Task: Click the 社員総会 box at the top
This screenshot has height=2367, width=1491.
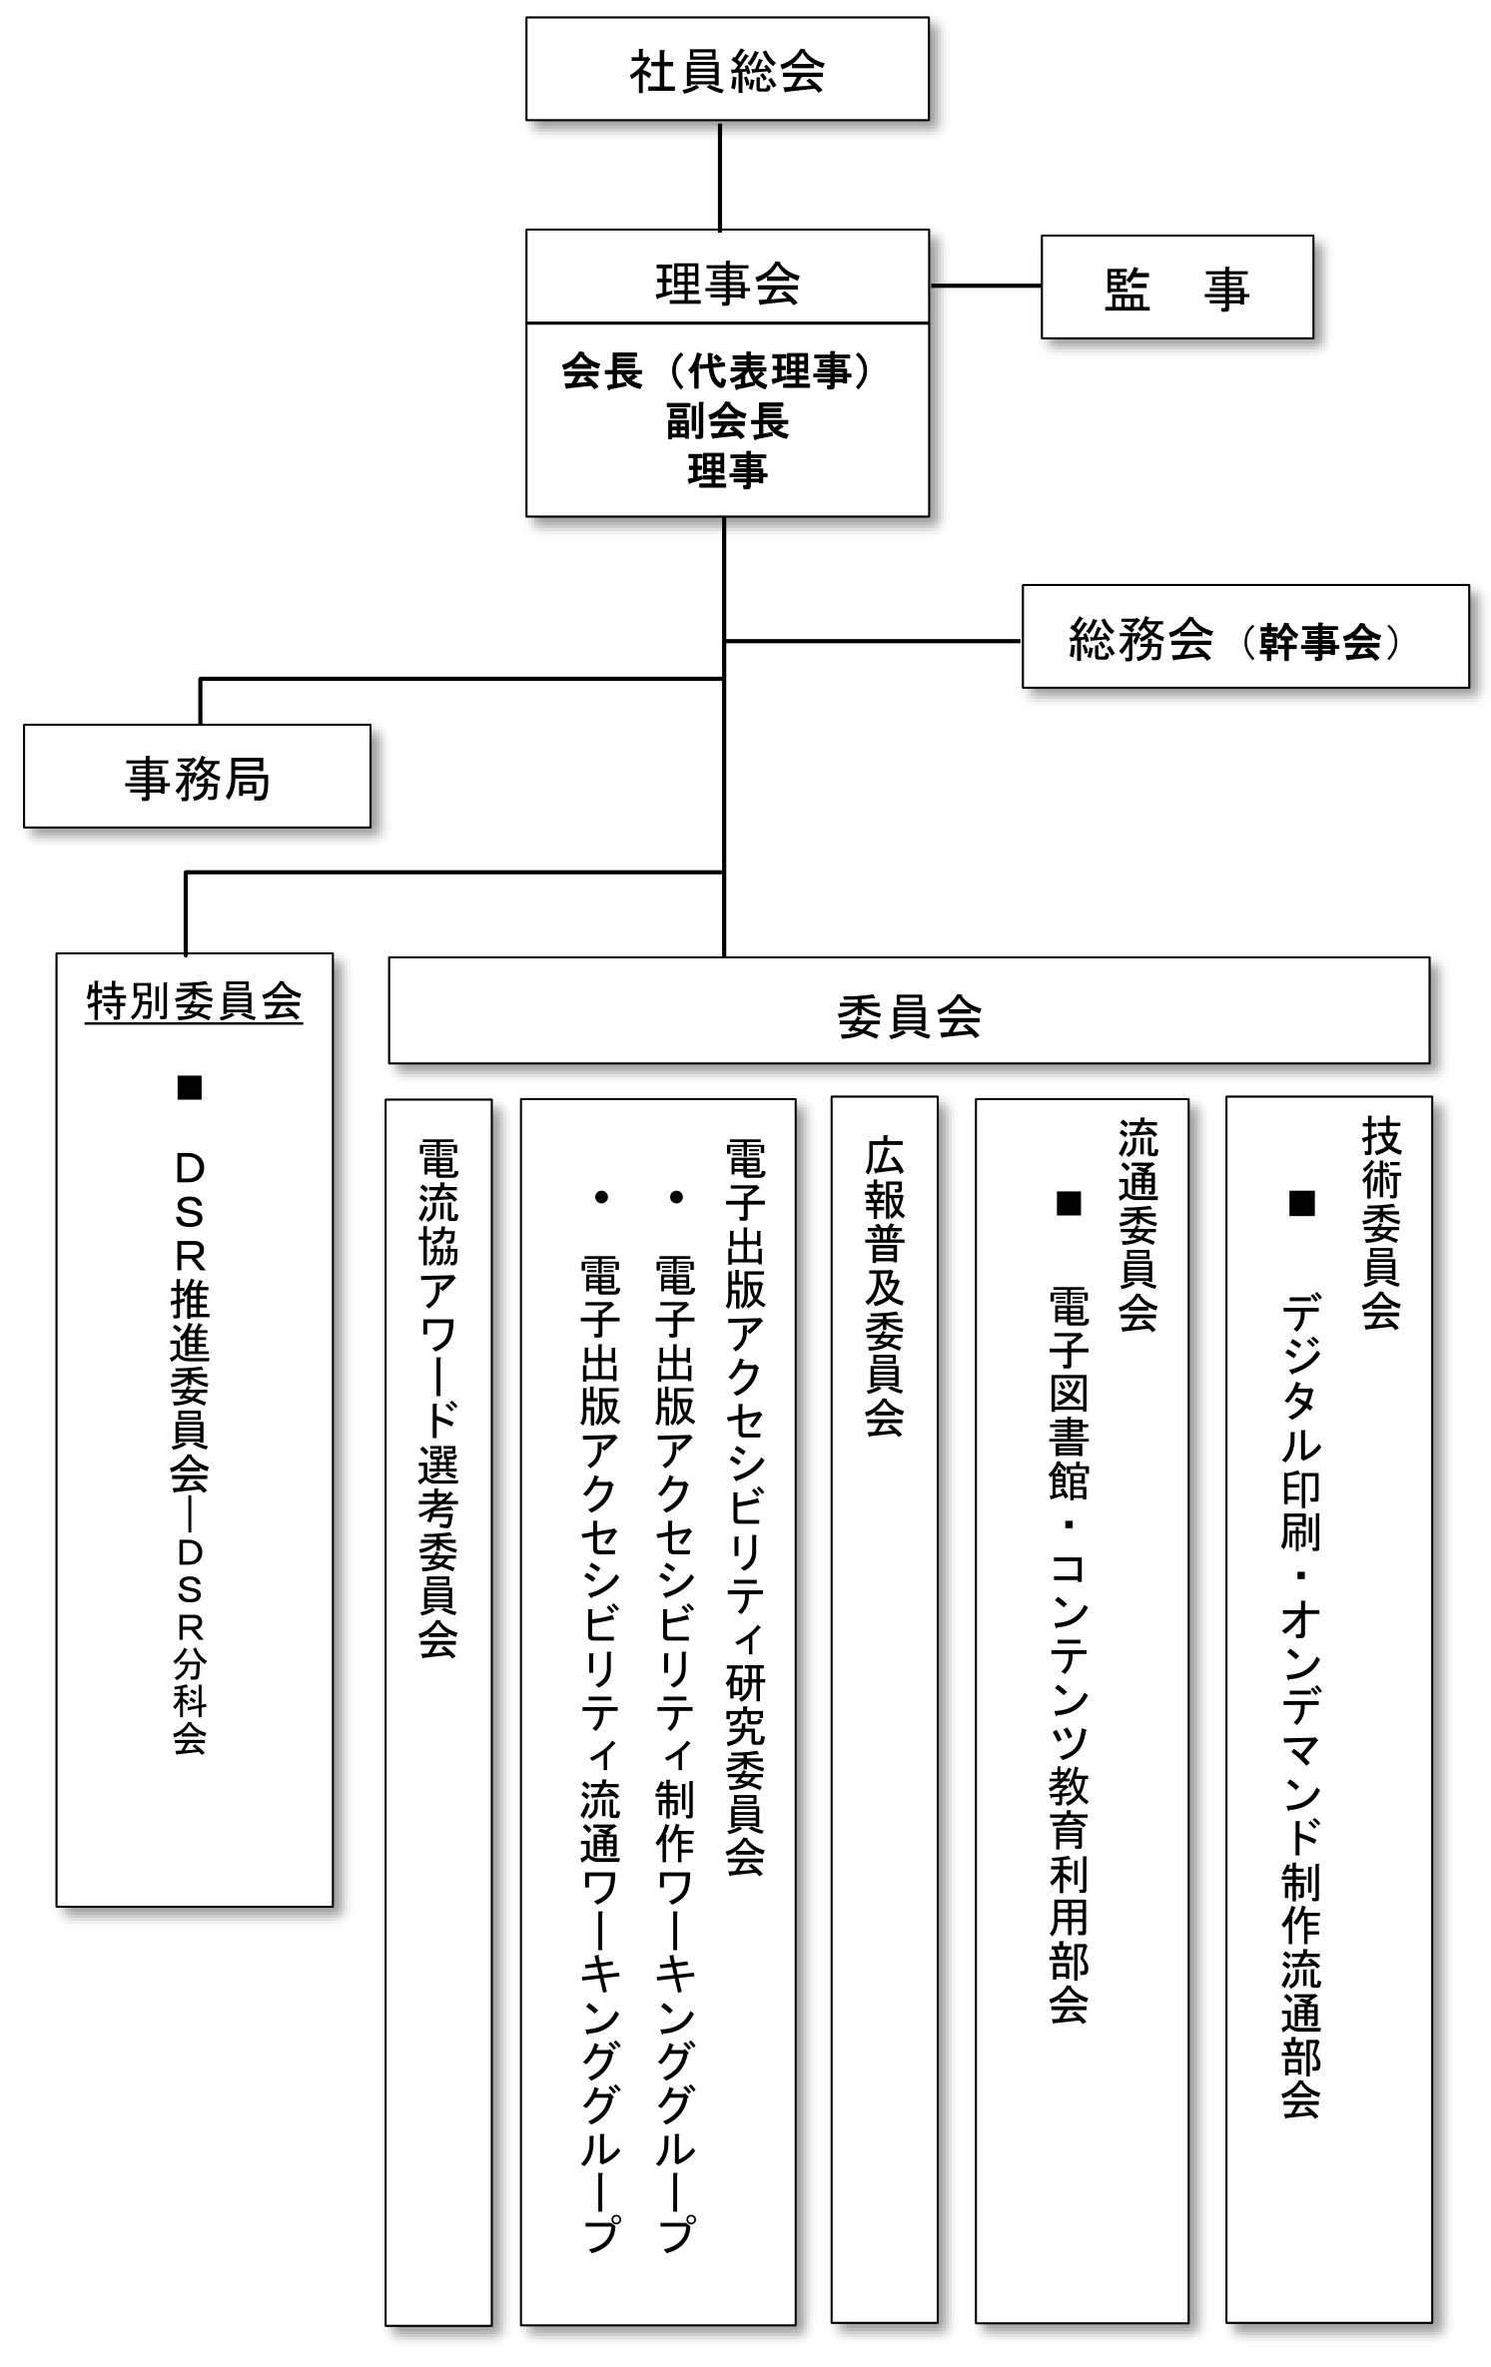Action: tap(727, 70)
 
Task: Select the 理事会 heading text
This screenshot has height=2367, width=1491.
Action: tap(727, 283)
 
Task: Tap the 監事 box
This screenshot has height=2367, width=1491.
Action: tap(1176, 289)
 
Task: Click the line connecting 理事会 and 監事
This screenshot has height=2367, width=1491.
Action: tap(985, 286)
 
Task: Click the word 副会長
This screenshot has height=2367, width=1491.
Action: tap(727, 421)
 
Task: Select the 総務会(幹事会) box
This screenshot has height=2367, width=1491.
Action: tap(1244, 638)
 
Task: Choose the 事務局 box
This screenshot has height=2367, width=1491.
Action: tap(197, 778)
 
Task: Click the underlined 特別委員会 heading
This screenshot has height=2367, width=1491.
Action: tap(194, 1002)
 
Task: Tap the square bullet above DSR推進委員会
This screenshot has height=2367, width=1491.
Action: tap(189, 1087)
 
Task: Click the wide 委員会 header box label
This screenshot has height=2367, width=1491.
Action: tap(909, 1016)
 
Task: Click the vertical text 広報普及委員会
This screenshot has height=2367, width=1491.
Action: tap(884, 1288)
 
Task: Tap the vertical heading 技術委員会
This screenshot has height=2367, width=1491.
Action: tap(1381, 1223)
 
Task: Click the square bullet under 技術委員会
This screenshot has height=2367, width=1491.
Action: tap(1301, 1203)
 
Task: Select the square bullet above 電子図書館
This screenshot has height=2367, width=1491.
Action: tap(1069, 1203)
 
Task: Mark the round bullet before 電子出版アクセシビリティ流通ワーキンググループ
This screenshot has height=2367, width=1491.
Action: tap(601, 1197)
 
